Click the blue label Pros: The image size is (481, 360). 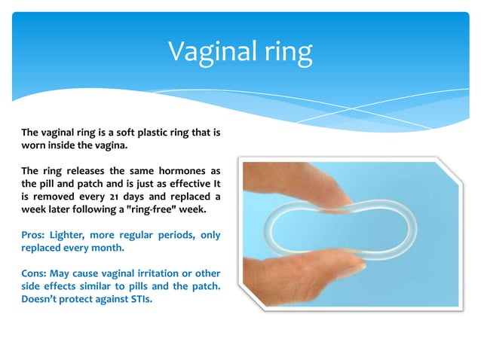pyautogui.click(x=34, y=234)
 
